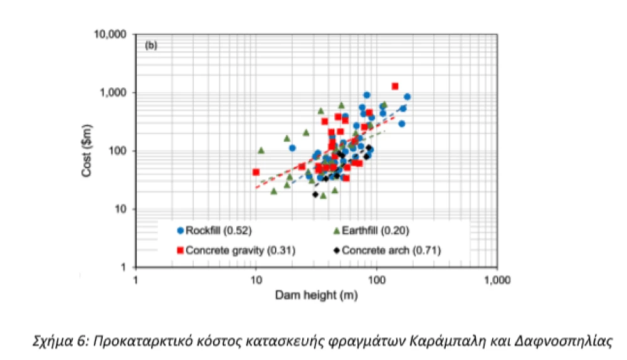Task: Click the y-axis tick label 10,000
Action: tap(110, 34)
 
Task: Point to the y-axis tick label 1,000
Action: tap(113, 93)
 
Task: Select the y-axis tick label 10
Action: tap(120, 209)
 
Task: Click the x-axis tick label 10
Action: tap(256, 280)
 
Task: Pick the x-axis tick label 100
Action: tap(376, 280)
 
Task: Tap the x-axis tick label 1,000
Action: tap(497, 280)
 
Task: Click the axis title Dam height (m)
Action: tap(316, 295)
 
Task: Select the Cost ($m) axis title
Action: tap(87, 151)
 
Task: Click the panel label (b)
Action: tap(150, 46)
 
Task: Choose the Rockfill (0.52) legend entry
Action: tap(214, 230)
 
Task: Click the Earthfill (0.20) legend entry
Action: tap(371, 230)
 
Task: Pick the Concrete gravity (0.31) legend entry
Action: tap(236, 250)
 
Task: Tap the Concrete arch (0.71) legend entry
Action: tap(387, 250)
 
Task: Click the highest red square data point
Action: tap(395, 86)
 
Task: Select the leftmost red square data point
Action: tap(256, 172)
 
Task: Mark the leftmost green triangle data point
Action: tap(261, 151)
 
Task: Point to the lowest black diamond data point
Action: tap(315, 194)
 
